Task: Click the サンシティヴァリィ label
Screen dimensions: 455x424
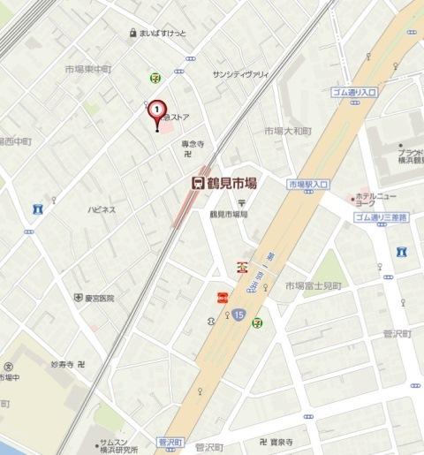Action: click(x=239, y=75)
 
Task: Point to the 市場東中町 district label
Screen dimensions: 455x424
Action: click(x=87, y=68)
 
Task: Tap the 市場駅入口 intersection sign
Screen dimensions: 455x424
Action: click(x=308, y=184)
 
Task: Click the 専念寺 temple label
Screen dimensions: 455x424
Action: click(x=193, y=143)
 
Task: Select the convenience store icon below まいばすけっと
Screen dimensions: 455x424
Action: click(x=155, y=78)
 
